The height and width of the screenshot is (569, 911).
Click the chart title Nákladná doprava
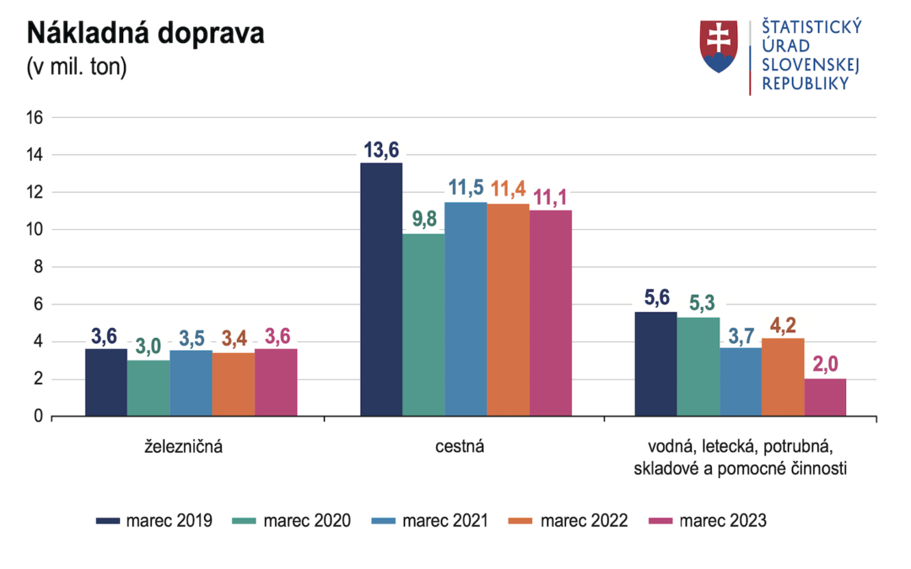(x=146, y=33)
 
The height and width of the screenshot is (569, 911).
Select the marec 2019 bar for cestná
(x=381, y=289)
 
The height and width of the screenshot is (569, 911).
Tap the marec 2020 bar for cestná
(x=423, y=325)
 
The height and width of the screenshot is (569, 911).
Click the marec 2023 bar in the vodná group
(x=825, y=397)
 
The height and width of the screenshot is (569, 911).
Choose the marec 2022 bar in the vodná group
(x=783, y=377)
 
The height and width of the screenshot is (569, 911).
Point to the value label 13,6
(x=381, y=149)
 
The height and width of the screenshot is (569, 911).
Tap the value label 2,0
(x=825, y=366)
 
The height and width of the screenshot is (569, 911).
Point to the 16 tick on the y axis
(x=35, y=118)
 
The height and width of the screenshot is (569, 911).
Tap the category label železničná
(x=183, y=447)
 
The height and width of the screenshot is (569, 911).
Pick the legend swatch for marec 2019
(x=108, y=521)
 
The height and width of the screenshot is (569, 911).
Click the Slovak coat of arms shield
(x=719, y=46)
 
